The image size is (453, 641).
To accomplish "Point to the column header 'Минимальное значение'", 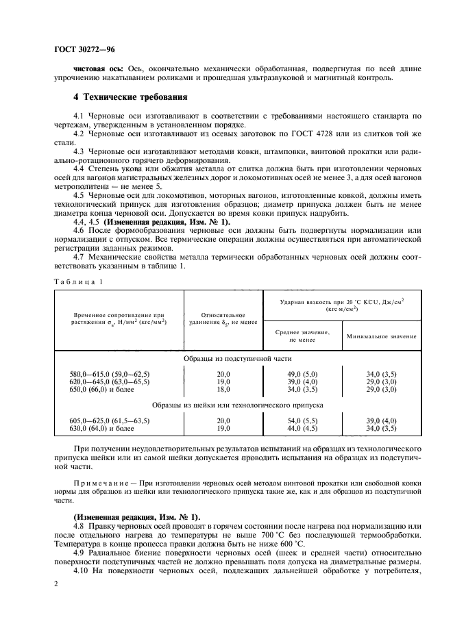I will click(x=382, y=336).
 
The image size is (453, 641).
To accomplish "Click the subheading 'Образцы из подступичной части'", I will click(x=238, y=358).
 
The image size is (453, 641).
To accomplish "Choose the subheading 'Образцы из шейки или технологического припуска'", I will click(x=238, y=405).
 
